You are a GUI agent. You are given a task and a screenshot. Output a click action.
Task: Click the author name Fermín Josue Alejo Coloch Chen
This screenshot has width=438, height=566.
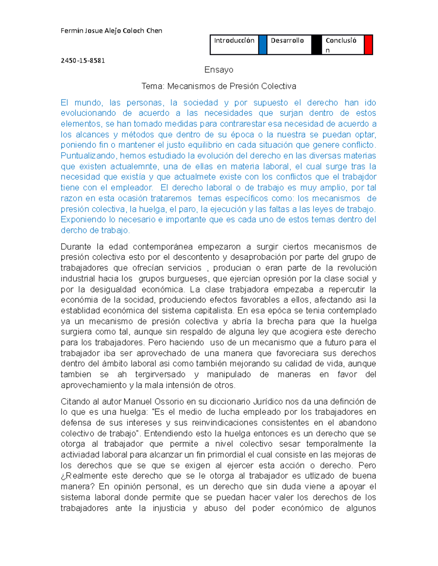coord(111,31)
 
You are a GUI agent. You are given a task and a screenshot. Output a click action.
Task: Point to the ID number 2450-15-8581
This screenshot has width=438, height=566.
coord(83,60)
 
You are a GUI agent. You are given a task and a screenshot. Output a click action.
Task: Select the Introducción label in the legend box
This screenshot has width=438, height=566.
coord(234,40)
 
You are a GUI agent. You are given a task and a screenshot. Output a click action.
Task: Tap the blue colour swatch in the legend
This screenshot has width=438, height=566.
coord(263,45)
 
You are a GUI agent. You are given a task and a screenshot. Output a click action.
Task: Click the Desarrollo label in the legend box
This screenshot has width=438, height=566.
coord(287,40)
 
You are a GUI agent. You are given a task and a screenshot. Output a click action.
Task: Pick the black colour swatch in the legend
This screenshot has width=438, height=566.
coord(316,45)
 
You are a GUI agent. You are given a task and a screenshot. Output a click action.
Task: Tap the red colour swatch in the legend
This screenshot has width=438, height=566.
coord(369,45)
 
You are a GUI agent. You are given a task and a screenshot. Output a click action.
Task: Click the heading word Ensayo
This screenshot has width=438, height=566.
coord(219,70)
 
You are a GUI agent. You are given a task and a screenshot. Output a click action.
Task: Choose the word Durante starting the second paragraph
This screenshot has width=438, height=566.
coord(76,247)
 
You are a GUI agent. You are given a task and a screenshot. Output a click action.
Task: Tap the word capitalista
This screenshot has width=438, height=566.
coord(214,311)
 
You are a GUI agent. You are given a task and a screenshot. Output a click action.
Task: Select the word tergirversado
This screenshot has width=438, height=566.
coord(160,375)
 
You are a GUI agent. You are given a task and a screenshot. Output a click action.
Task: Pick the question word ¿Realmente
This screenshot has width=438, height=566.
coord(84,476)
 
